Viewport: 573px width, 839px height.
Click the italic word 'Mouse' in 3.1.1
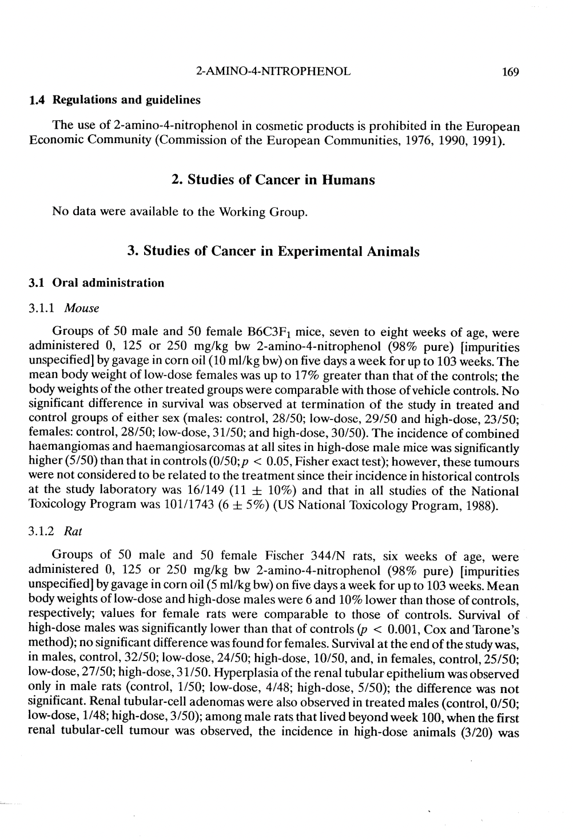[82, 308]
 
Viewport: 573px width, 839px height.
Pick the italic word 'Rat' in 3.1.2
[74, 531]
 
